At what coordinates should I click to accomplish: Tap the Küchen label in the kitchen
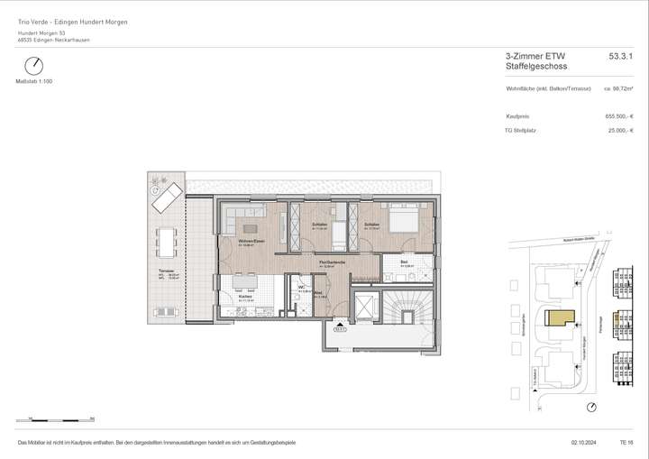point(245,296)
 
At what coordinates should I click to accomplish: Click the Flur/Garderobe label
point(328,263)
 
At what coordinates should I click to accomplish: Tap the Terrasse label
point(166,271)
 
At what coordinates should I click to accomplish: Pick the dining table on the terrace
point(166,240)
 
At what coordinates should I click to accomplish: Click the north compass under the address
point(33,66)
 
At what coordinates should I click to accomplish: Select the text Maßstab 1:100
point(33,81)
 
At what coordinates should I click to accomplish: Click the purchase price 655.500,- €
point(619,116)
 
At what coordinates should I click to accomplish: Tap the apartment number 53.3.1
point(621,56)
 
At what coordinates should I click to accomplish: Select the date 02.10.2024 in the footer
point(584,443)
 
